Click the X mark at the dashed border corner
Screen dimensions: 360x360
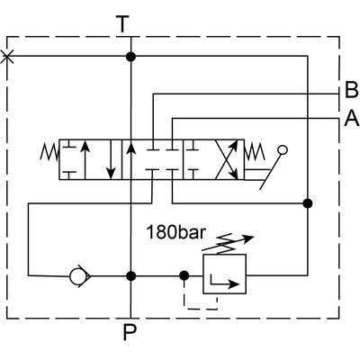tap(8, 57)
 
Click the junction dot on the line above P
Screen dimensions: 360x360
tap(131, 275)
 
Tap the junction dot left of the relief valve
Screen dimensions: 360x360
tap(184, 275)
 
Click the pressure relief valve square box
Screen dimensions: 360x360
tap(222, 274)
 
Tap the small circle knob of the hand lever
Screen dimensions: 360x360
tap(284, 150)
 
